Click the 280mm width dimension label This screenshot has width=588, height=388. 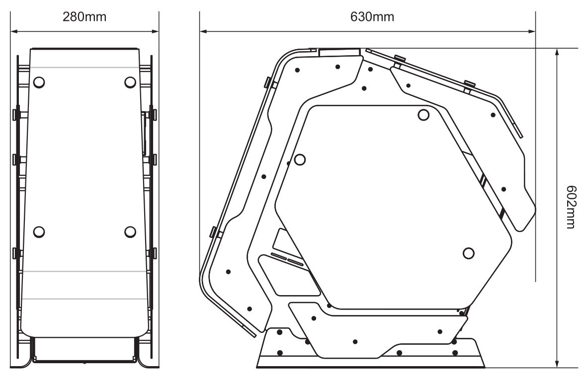pos(84,17)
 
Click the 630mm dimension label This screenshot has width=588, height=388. pos(372,17)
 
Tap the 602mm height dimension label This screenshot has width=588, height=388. pos(571,207)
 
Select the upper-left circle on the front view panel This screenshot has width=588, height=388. pos(39,82)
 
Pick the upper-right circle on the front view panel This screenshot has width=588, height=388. pos(130,82)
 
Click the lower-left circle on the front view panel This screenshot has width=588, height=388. pos(39,232)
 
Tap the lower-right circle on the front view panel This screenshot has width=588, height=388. pos(130,232)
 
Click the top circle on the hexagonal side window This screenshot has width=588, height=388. pos(423,115)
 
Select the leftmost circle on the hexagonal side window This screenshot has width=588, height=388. pos(300,159)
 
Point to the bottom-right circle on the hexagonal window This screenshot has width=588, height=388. pos(468,253)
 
